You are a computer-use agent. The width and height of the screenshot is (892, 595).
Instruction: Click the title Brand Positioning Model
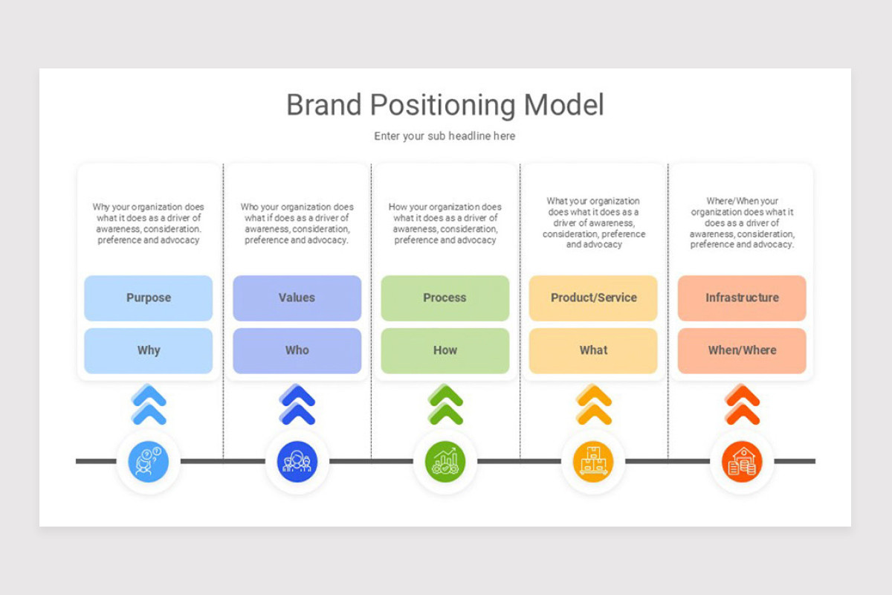point(445,105)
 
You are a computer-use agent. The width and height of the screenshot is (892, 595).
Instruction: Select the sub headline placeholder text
point(445,136)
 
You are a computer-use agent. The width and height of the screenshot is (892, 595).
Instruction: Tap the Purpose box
point(149,298)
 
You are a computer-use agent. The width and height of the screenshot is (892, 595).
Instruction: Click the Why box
point(149,350)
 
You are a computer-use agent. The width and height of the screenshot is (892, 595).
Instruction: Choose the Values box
point(297,298)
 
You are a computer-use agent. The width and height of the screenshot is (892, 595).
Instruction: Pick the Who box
point(297,350)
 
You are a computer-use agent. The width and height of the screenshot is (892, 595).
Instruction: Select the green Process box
point(445,298)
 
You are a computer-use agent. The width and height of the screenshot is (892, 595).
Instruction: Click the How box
point(445,350)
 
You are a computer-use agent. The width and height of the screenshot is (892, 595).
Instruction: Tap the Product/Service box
point(593,298)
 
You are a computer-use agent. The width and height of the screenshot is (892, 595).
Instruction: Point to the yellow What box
point(593,350)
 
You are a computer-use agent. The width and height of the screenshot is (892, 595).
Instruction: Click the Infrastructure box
point(742,298)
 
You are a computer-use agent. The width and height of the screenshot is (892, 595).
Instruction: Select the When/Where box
point(742,350)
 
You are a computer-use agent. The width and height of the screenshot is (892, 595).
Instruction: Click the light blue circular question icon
point(149,461)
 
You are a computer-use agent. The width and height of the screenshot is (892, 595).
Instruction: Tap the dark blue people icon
point(297,461)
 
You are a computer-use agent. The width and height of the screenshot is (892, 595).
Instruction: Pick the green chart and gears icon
point(445,461)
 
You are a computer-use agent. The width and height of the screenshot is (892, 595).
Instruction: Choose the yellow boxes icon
point(593,461)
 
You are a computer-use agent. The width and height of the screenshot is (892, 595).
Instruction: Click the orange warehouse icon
point(742,461)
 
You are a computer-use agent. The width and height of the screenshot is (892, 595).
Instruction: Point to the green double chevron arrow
point(445,405)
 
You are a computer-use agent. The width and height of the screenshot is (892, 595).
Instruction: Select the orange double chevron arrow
point(742,405)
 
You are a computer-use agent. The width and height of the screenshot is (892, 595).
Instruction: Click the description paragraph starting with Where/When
point(742,223)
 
